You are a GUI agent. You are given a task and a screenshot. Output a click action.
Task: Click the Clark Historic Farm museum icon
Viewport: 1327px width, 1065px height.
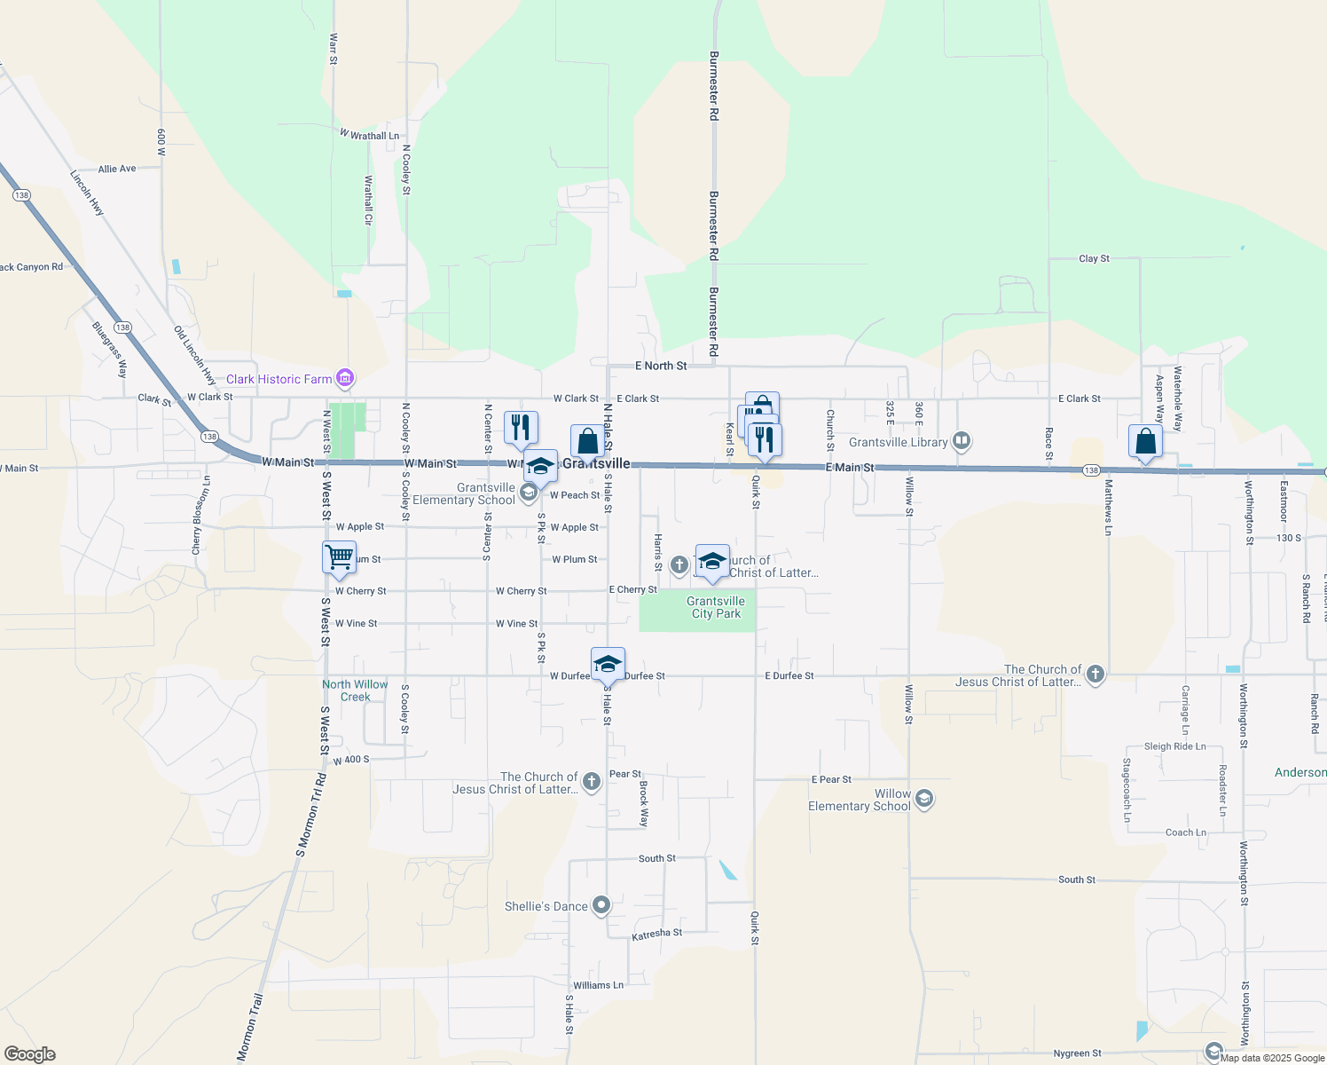tap(345, 379)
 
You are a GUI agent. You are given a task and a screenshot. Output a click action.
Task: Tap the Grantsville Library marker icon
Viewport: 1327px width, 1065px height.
tap(962, 441)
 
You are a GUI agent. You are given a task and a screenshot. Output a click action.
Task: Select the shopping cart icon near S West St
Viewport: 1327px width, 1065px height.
tap(339, 557)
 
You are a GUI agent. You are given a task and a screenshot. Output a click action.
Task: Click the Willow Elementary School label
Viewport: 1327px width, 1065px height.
tap(859, 800)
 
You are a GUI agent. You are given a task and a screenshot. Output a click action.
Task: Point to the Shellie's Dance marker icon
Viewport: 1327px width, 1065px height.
tap(601, 905)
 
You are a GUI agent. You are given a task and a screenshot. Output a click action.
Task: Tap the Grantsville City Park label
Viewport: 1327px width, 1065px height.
tap(716, 607)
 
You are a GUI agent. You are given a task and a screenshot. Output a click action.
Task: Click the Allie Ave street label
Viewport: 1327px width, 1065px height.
tap(117, 169)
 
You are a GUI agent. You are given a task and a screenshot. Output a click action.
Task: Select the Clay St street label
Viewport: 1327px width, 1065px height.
tap(1094, 258)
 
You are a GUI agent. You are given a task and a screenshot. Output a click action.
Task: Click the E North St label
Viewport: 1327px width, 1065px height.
tap(661, 366)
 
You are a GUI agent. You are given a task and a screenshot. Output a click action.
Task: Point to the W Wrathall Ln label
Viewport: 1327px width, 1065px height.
tap(369, 135)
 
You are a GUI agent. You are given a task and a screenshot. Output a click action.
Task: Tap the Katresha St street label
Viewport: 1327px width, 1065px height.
tap(656, 934)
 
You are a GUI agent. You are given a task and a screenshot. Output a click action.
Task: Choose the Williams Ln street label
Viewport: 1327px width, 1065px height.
tap(598, 985)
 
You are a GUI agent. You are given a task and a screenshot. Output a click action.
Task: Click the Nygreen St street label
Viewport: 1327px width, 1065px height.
tap(1077, 1053)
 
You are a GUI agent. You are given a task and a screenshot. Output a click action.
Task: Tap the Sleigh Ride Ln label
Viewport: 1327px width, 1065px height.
tap(1174, 746)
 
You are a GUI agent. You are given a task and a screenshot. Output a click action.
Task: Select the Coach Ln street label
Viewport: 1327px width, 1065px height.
tap(1185, 832)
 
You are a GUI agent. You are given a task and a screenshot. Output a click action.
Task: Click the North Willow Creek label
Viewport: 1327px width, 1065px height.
tap(355, 690)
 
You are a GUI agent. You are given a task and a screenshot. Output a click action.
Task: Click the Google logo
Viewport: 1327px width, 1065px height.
tap(30, 1054)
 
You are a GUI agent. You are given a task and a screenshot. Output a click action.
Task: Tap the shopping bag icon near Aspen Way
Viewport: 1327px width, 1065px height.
tap(1145, 441)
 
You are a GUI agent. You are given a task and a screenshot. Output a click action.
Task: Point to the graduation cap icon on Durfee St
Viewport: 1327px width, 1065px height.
tap(608, 664)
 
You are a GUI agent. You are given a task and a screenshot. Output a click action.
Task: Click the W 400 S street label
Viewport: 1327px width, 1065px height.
tap(351, 761)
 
